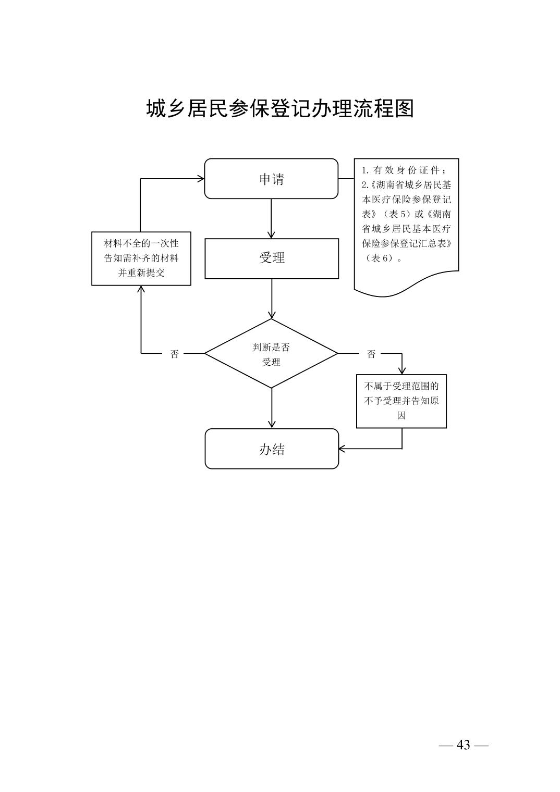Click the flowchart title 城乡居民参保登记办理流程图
[x=280, y=108]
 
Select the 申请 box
[x=271, y=179]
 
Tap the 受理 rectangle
[x=271, y=258]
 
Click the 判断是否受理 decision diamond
[x=271, y=354]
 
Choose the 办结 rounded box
[x=271, y=449]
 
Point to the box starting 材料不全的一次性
[x=141, y=258]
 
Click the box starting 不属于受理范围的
[x=401, y=401]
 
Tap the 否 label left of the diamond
[x=175, y=354]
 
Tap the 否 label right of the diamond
[x=371, y=354]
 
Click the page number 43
[x=463, y=745]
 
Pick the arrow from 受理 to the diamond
[x=271, y=298]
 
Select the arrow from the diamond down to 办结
[x=271, y=408]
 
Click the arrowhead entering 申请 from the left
[x=200, y=179]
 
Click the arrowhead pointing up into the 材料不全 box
[x=141, y=290]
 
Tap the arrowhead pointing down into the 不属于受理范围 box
[x=402, y=370]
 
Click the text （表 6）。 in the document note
[x=382, y=258]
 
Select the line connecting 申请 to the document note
[x=346, y=179]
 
